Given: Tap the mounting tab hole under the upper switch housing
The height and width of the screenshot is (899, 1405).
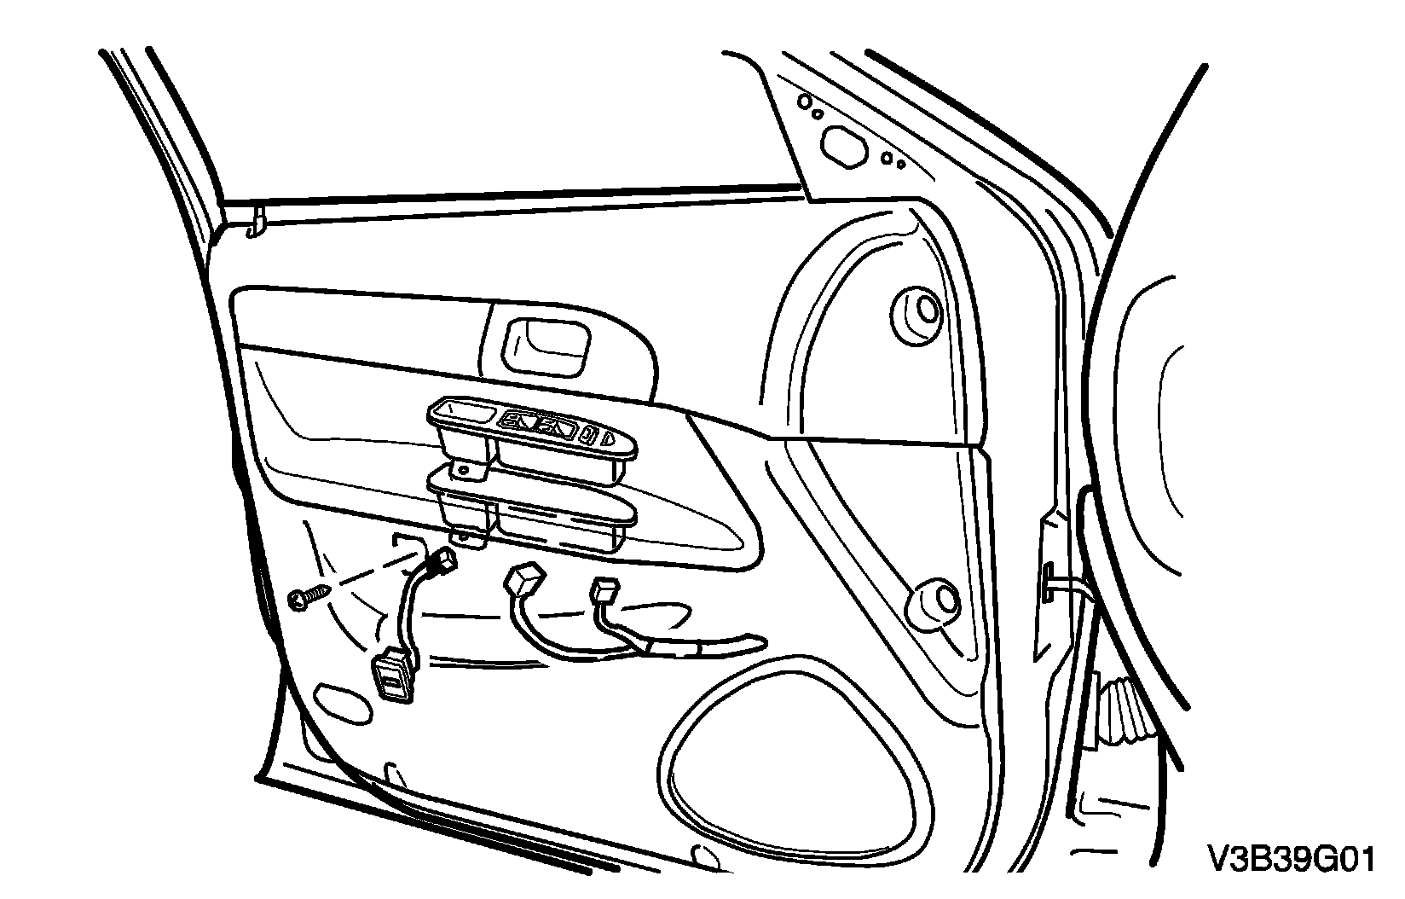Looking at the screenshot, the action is click(x=463, y=469).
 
